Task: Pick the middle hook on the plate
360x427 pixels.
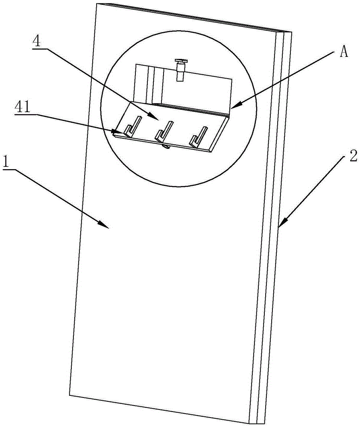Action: (164, 130)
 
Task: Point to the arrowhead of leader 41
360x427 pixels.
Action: (116, 132)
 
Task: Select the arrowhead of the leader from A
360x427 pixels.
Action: (234, 105)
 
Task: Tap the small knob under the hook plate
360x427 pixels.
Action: (166, 147)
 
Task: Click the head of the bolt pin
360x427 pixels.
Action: (181, 63)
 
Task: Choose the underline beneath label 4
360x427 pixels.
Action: (39, 50)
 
